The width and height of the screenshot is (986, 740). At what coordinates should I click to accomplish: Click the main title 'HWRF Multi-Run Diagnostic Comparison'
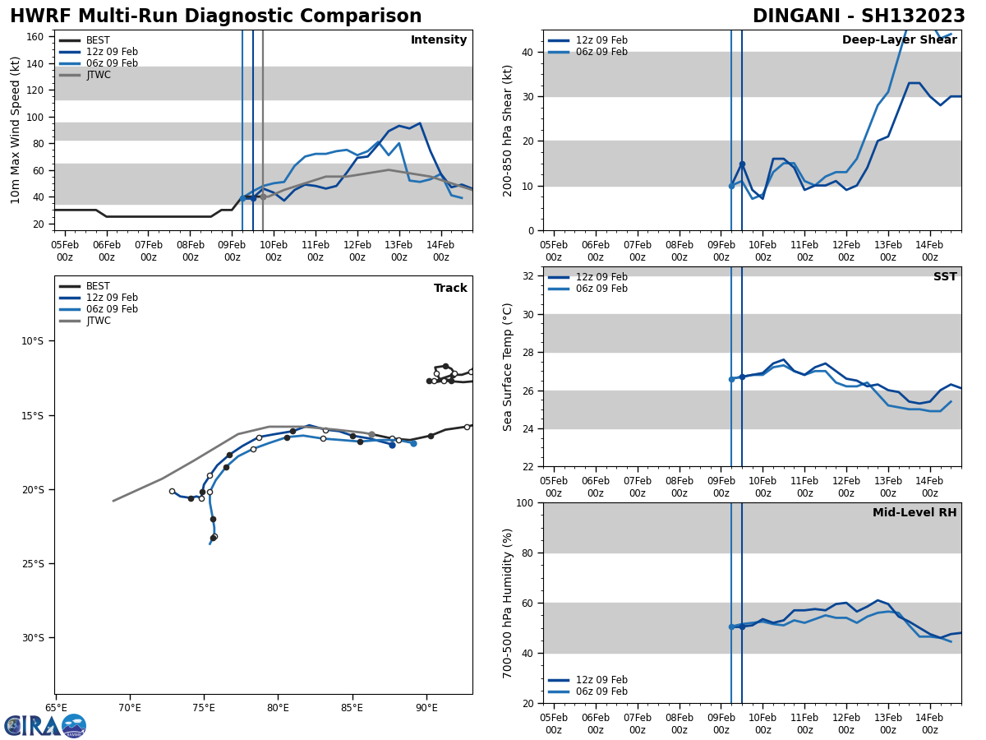(215, 16)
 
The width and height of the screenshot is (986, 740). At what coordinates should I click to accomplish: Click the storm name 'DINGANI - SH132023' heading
(859, 16)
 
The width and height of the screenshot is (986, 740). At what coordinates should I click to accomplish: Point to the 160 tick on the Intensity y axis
(35, 37)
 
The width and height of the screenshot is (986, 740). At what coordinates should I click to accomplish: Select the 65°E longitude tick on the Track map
(56, 707)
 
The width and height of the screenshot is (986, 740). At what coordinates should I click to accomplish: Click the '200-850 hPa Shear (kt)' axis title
(509, 131)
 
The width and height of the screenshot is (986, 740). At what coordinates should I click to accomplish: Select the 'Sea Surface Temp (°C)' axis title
(509, 367)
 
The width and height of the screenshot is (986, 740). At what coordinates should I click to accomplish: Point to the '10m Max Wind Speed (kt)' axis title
(16, 130)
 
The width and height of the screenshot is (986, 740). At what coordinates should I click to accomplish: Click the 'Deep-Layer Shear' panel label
(899, 40)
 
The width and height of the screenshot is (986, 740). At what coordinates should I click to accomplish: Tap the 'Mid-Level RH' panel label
(915, 513)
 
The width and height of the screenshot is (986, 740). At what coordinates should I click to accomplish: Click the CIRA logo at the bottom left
(45, 726)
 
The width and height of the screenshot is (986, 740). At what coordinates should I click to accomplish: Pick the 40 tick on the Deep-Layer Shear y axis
(528, 53)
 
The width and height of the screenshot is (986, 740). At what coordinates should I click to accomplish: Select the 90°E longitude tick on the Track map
(426, 707)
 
